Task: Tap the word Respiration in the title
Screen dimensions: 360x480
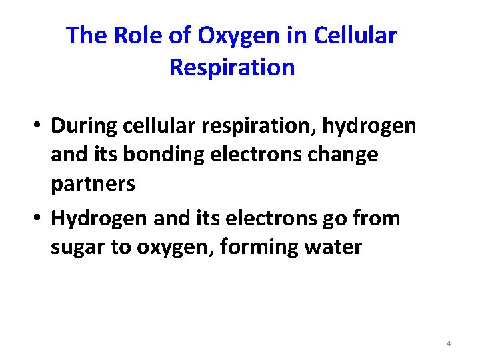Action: (232, 67)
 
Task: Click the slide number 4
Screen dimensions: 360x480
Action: (449, 343)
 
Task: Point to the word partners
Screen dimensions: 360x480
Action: (93, 185)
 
